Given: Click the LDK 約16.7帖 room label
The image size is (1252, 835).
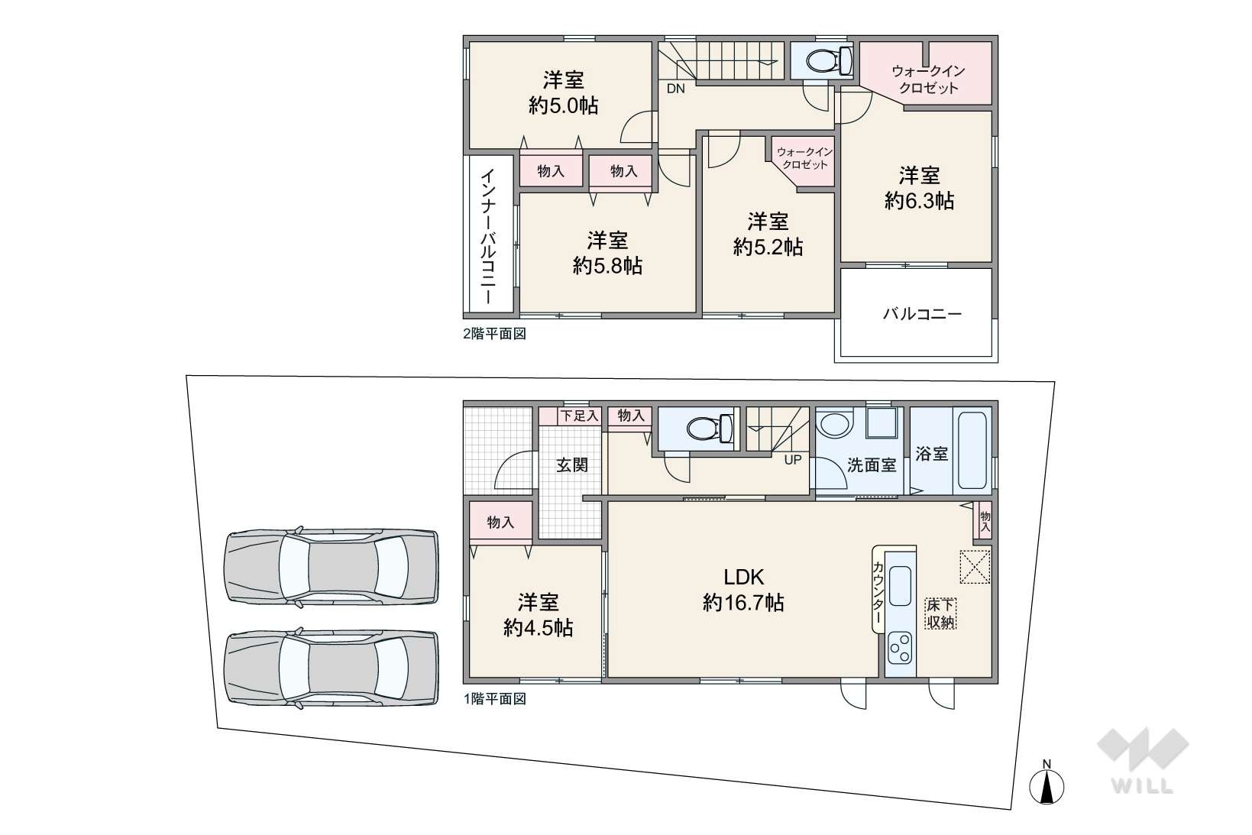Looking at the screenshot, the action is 742,590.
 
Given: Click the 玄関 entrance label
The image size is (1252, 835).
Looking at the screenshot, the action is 572,465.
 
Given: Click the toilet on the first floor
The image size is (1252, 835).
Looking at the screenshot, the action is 710,429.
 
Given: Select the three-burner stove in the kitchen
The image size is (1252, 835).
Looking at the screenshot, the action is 900,648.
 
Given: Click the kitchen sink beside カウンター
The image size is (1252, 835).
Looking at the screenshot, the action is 900,586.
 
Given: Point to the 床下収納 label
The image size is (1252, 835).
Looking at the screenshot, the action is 940,613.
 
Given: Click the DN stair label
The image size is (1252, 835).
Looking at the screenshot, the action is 676,89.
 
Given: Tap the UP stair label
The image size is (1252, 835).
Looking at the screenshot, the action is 793,460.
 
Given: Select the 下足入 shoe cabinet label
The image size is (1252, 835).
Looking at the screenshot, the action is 580,416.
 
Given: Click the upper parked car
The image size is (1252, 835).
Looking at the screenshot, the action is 332,567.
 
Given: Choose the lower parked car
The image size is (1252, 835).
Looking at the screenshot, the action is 332,668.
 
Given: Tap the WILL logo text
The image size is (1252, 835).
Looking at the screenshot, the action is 1142,787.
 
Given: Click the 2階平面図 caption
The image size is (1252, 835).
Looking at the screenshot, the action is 495,334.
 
